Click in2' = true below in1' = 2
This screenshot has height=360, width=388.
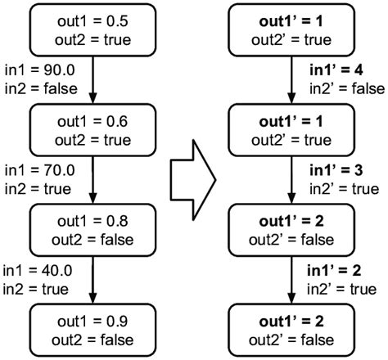coord(341,287)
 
